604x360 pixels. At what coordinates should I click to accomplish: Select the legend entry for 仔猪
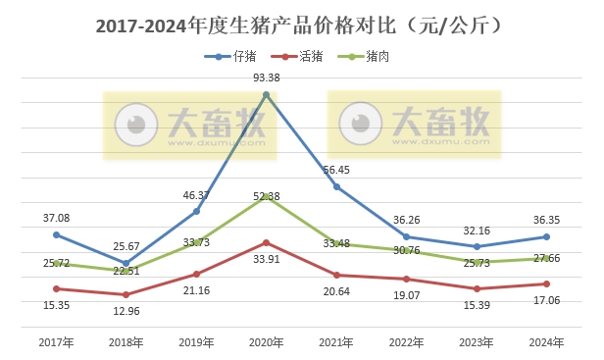(x=230, y=57)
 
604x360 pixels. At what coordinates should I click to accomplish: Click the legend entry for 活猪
(x=298, y=57)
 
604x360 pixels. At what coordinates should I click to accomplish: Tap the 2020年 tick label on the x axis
(x=267, y=342)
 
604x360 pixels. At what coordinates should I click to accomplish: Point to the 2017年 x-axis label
(x=56, y=342)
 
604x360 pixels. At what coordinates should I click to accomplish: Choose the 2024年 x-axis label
(x=546, y=342)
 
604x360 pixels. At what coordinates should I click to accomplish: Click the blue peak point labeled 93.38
(x=267, y=94)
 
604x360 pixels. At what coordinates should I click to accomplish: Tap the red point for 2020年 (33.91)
(x=267, y=242)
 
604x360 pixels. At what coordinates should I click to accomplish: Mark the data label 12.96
(x=126, y=312)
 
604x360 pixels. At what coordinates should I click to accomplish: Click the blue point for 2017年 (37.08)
(x=56, y=234)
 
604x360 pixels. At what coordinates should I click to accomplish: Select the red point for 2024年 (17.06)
(x=546, y=284)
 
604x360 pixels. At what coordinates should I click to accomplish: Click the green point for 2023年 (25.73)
(x=477, y=262)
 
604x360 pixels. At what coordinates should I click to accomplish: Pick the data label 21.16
(x=196, y=291)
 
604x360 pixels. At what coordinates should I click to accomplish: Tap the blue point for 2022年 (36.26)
(x=407, y=236)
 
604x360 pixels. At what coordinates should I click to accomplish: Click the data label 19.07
(x=405, y=295)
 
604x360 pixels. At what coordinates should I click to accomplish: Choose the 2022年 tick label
(x=407, y=342)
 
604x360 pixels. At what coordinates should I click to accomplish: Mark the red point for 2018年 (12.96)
(x=126, y=294)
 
